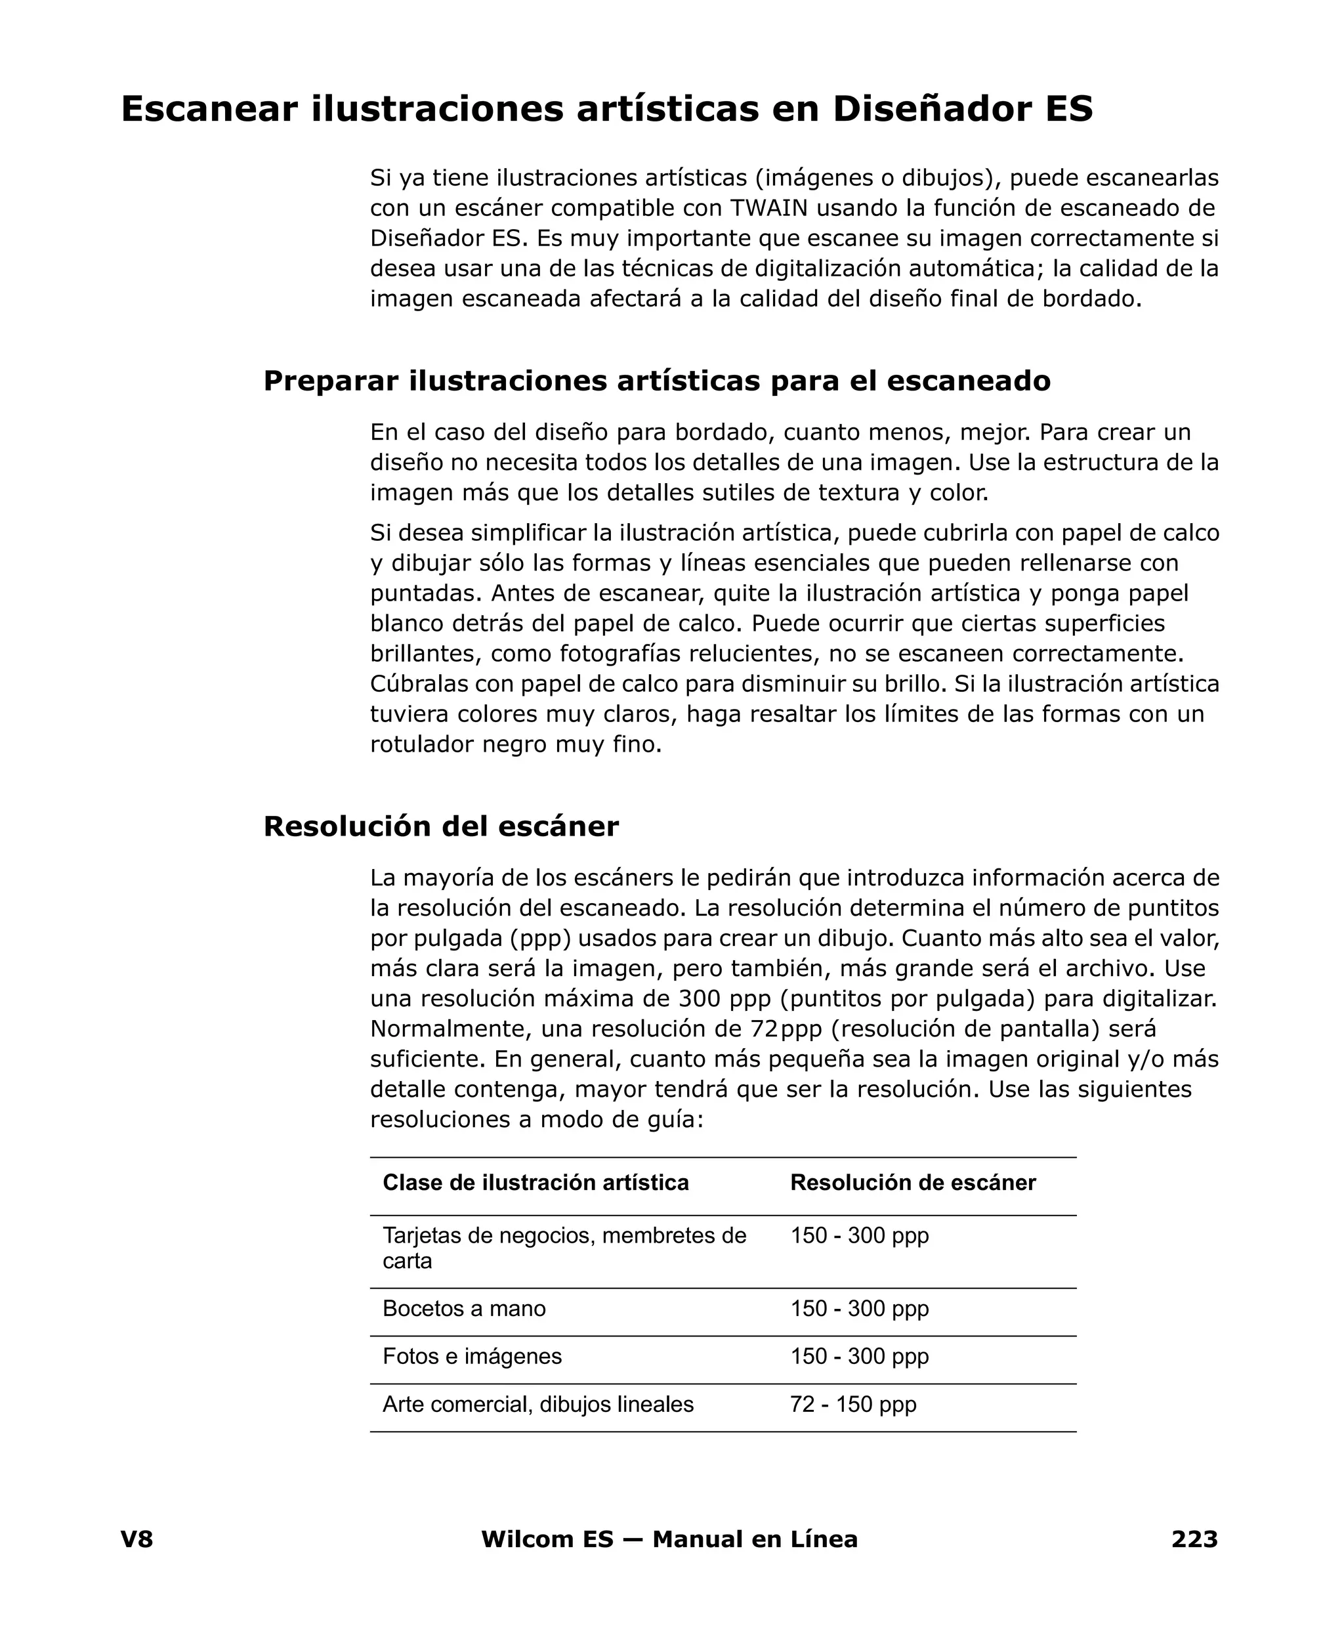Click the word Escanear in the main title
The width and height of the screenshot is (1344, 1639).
[x=209, y=109]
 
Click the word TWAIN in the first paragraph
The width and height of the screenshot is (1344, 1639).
[x=770, y=208]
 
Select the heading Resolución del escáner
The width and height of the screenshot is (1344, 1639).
[x=440, y=827]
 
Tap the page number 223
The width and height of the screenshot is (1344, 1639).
[x=1194, y=1539]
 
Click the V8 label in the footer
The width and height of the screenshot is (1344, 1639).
[x=137, y=1539]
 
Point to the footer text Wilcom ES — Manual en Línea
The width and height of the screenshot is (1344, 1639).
[x=669, y=1539]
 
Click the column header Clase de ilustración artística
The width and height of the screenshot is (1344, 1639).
[x=535, y=1182]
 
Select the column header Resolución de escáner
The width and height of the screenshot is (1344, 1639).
[x=912, y=1182]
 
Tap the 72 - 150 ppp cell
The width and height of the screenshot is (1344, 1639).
[x=852, y=1405]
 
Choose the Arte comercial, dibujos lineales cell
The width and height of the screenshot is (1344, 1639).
[x=537, y=1405]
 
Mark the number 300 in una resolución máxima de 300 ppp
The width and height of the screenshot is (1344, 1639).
[x=699, y=999]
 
